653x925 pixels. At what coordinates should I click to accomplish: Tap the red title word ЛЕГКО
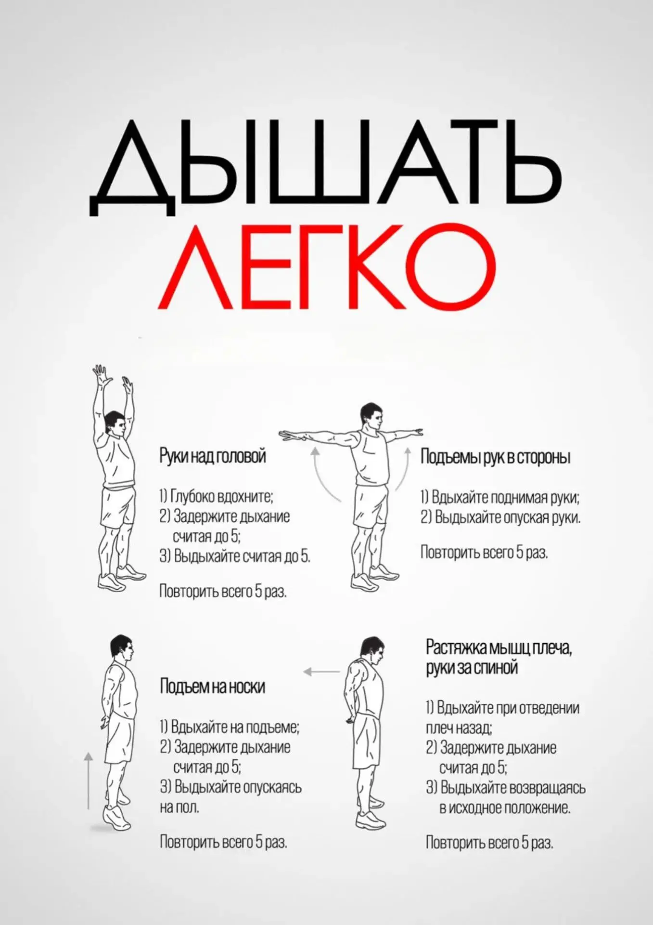(327, 266)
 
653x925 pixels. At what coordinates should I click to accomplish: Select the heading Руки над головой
(212, 456)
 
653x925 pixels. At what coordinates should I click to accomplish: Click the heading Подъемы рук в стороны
(495, 456)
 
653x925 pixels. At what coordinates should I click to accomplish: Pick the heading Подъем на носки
(212, 686)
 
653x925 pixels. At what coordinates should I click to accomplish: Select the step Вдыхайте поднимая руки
(500, 497)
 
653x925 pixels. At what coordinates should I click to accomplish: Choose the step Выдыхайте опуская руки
(501, 517)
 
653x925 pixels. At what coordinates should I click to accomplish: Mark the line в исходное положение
(505, 808)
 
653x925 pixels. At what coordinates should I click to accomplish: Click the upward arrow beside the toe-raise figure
(88, 780)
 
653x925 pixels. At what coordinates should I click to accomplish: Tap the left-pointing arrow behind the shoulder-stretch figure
(321, 672)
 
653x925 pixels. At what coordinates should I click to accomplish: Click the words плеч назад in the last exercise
(459, 727)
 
